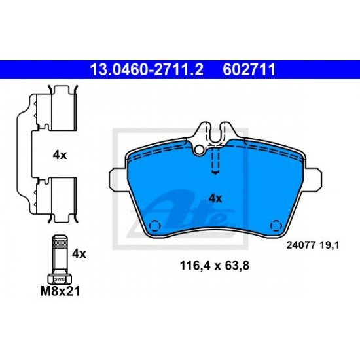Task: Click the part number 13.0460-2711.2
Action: [x=147, y=69]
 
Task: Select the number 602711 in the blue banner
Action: [x=249, y=69]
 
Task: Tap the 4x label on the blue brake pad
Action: [x=215, y=199]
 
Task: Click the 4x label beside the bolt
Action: [x=79, y=254]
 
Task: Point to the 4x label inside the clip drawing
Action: [x=60, y=155]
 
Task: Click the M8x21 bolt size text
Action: [x=60, y=291]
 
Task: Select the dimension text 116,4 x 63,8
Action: [x=215, y=266]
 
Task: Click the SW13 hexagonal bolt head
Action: [x=60, y=279]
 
